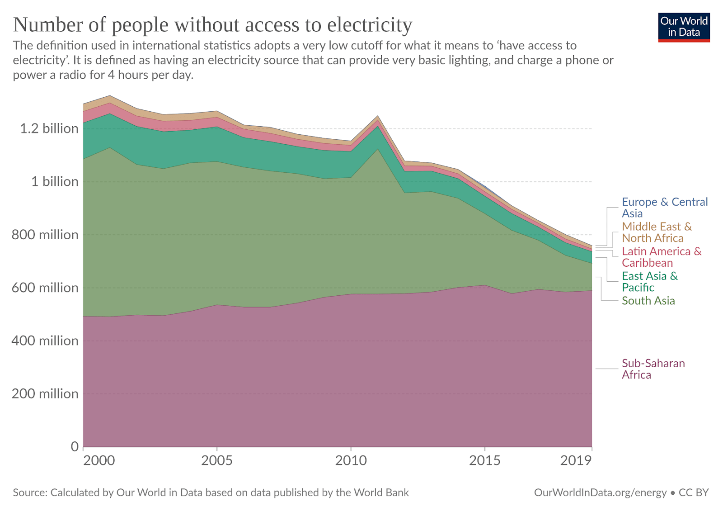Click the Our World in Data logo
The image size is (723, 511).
[684, 27]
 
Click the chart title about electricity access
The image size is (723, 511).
[212, 25]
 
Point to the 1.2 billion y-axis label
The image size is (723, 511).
[49, 129]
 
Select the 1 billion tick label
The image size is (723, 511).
[55, 182]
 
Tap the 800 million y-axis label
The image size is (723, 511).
[45, 235]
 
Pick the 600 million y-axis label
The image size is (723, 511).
[45, 288]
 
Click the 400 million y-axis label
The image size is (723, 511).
[45, 341]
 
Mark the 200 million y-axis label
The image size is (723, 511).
[45, 394]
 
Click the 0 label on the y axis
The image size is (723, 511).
[75, 447]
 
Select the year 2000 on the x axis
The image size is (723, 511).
[99, 461]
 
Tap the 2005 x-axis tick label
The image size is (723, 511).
[217, 461]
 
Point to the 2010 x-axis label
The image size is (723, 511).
[351, 461]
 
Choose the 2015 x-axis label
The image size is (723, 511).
[485, 461]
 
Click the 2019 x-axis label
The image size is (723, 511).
[576, 461]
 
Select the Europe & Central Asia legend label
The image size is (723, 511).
[664, 208]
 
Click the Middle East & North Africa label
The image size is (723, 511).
[657, 232]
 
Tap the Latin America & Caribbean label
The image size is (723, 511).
[661, 257]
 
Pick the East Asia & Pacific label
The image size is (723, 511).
[649, 282]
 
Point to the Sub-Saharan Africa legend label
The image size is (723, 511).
[653, 369]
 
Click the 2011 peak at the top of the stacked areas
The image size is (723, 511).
[378, 116]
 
